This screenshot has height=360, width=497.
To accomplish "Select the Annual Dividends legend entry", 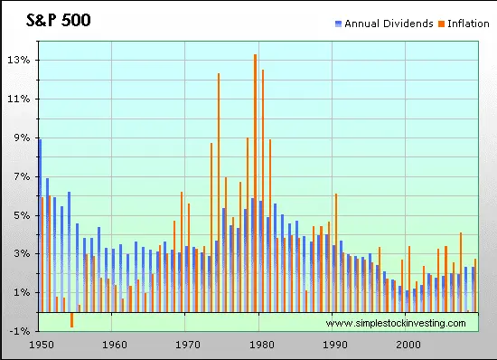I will pyautogui.click(x=389, y=23).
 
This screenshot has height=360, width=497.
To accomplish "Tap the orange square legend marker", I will pyautogui.click(x=441, y=23).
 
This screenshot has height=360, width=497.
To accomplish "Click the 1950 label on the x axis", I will pyautogui.click(x=41, y=345).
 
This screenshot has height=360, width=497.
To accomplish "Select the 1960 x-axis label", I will pyautogui.click(x=114, y=345).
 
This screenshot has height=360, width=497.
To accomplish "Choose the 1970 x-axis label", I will pyautogui.click(x=187, y=345).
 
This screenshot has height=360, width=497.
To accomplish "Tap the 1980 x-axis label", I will pyautogui.click(x=261, y=345).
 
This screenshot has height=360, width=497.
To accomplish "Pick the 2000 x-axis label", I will pyautogui.click(x=408, y=345).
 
